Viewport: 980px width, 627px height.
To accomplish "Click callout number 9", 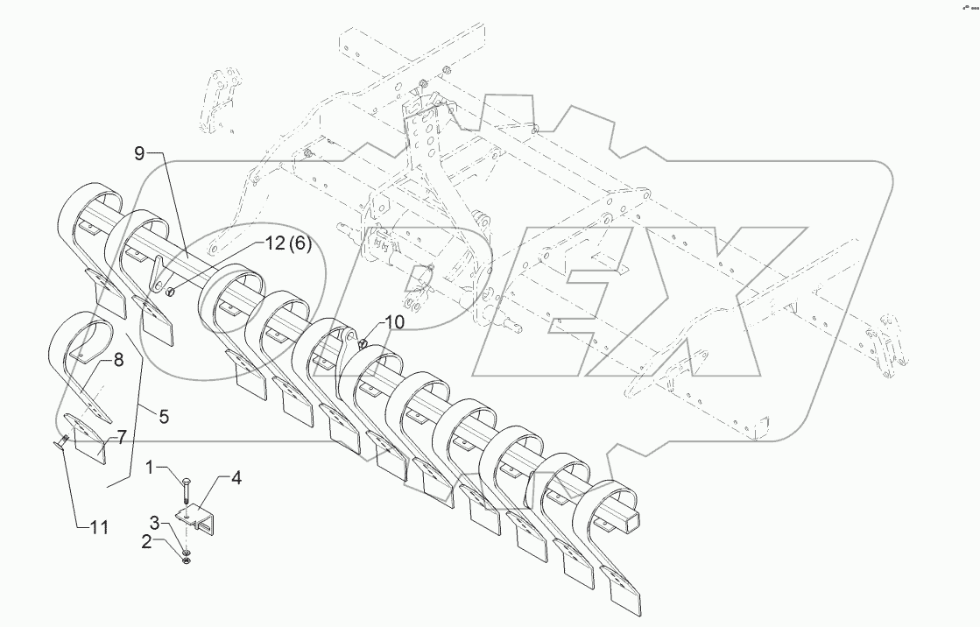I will click(140, 154).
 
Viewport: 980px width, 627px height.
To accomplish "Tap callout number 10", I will click(394, 322).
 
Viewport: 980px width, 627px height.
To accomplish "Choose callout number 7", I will click(122, 435).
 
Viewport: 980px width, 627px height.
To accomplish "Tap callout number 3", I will click(154, 523).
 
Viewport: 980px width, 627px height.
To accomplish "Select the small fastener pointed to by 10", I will click(362, 342).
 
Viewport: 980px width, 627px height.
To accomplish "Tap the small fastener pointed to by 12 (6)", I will click(172, 291).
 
